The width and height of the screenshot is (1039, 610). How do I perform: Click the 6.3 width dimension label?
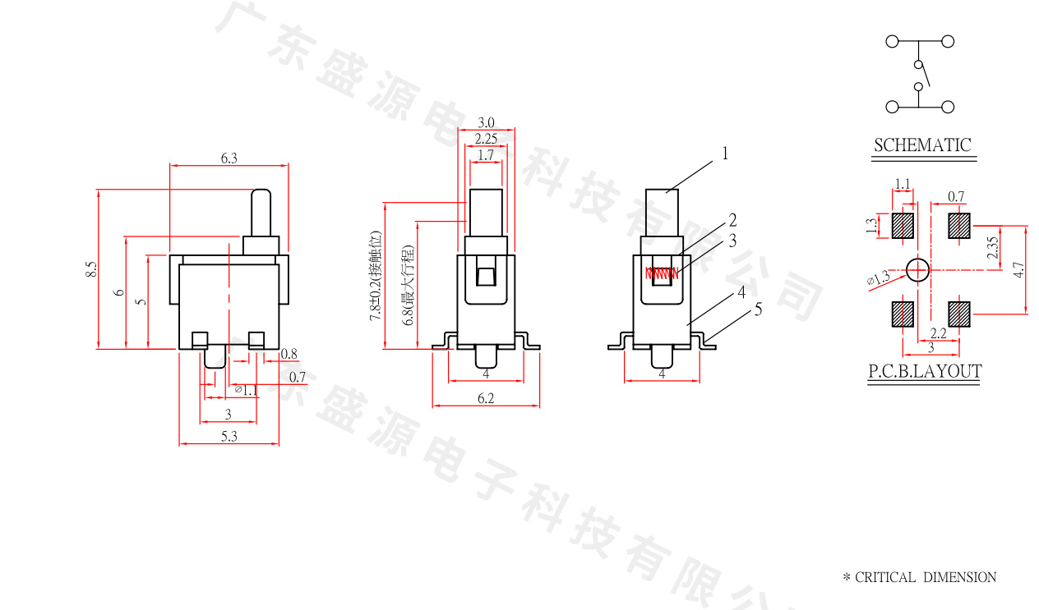(x=229, y=158)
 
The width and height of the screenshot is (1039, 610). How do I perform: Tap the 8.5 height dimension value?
(x=90, y=269)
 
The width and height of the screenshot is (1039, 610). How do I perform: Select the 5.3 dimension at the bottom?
(x=229, y=438)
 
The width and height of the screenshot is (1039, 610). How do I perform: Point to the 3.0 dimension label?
(x=486, y=122)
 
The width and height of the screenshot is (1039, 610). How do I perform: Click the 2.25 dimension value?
(x=486, y=139)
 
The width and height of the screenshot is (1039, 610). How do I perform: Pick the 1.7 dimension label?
(x=485, y=154)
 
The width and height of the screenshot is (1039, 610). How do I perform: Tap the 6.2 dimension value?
(x=486, y=398)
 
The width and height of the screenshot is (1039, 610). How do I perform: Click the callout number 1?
(x=726, y=153)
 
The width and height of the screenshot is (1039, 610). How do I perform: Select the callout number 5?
(x=758, y=309)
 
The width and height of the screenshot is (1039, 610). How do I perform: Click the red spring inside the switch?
(x=661, y=273)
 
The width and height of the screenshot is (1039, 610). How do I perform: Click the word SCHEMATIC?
(x=921, y=145)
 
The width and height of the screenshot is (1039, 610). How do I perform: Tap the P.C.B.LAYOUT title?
(x=925, y=371)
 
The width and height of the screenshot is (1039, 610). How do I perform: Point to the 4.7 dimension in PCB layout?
(x=1019, y=268)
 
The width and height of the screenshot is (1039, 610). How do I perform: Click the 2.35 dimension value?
(x=993, y=247)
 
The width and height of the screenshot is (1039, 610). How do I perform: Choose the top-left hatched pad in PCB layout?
(x=903, y=226)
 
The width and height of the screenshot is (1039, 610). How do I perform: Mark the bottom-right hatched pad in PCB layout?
(x=959, y=314)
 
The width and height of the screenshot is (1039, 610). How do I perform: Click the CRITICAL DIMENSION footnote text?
(x=919, y=577)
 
